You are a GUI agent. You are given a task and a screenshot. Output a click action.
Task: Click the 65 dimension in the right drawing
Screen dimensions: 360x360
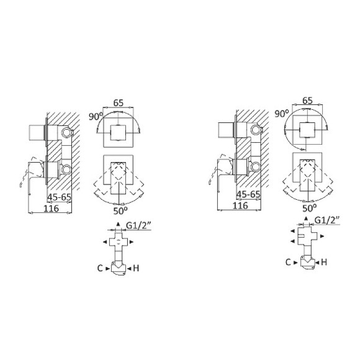pyautogui.click(x=306, y=99)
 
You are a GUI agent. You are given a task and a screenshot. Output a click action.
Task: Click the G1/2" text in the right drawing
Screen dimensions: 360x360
pyautogui.click(x=328, y=220)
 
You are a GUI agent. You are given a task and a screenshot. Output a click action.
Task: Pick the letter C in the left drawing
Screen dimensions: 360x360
pyautogui.click(x=99, y=268)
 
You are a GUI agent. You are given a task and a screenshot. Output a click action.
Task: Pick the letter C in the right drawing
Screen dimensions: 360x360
pyautogui.click(x=288, y=263)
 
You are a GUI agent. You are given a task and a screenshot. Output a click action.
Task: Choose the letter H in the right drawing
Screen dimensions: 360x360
pyautogui.click(x=324, y=263)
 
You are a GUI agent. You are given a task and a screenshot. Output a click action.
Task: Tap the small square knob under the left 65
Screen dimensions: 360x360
pyautogui.click(x=117, y=133)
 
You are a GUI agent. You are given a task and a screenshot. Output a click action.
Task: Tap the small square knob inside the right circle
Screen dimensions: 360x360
pyautogui.click(x=306, y=130)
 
